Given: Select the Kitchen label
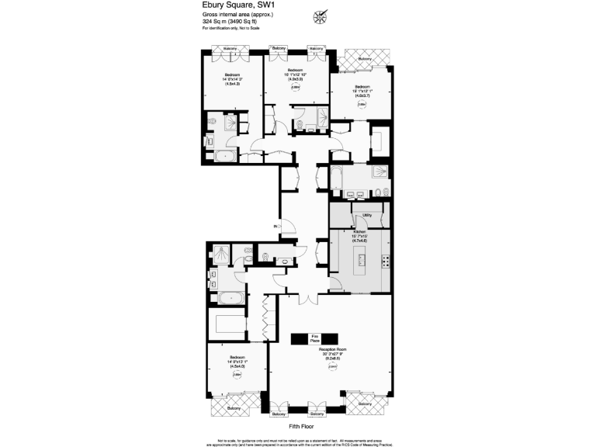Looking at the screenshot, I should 359,232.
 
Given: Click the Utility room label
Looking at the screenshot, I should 367,215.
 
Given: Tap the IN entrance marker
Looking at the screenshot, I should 275,226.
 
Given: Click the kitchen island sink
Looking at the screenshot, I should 360,262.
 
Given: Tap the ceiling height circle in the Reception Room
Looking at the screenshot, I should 331,367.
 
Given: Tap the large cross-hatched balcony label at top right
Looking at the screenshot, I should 366,58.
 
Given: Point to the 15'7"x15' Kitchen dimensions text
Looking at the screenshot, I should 359,237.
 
